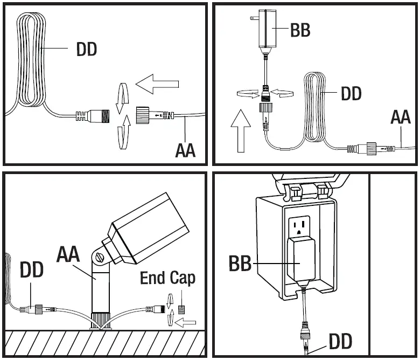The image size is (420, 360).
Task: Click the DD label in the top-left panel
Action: coord(87,50)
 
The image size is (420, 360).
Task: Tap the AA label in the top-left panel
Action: coord(185,150)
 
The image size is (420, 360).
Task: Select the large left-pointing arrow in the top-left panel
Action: coord(157,84)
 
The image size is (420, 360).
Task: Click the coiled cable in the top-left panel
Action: coord(32,59)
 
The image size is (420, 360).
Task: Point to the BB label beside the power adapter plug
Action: coord(300,30)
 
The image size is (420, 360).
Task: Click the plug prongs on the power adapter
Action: coord(254,18)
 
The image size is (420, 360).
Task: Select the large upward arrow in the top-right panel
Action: coord(241,131)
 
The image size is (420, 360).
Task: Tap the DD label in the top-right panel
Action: coord(351,93)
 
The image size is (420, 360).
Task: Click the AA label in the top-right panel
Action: coord(401,117)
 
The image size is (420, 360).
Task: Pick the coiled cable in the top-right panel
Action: coord(315,107)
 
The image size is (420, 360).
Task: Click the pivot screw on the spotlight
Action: coord(100,257)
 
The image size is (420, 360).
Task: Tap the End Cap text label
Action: coord(167,278)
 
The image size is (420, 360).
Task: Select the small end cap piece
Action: coord(181,310)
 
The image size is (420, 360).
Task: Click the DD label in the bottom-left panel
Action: coord(32,269)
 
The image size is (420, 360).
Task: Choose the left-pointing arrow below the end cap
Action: coord(185,322)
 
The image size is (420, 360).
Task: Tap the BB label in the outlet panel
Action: coord(240,263)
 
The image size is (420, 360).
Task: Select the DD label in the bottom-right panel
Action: coord(340,342)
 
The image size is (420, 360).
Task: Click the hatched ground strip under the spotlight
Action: coord(105,344)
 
